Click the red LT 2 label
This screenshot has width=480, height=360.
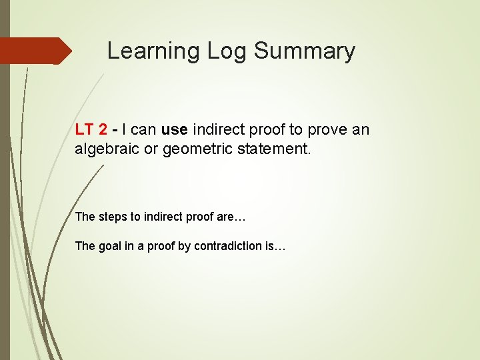click(91, 129)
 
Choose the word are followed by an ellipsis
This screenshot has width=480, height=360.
click(219, 217)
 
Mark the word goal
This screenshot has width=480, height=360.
click(109, 246)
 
